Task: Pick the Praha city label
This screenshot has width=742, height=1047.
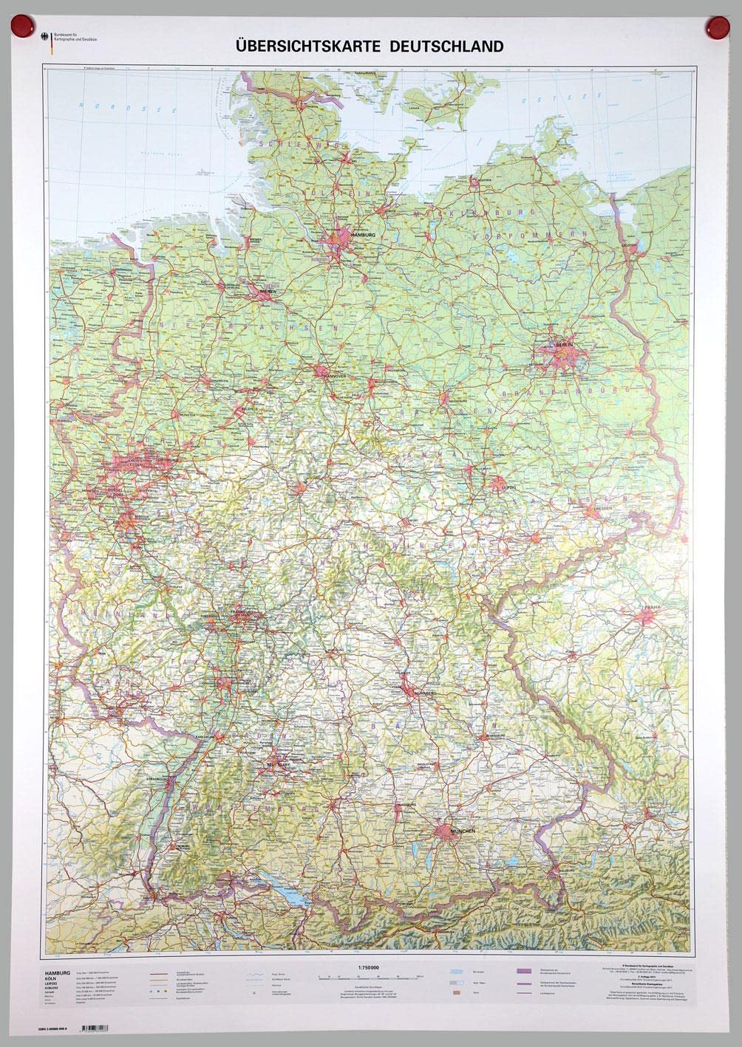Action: (651, 607)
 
